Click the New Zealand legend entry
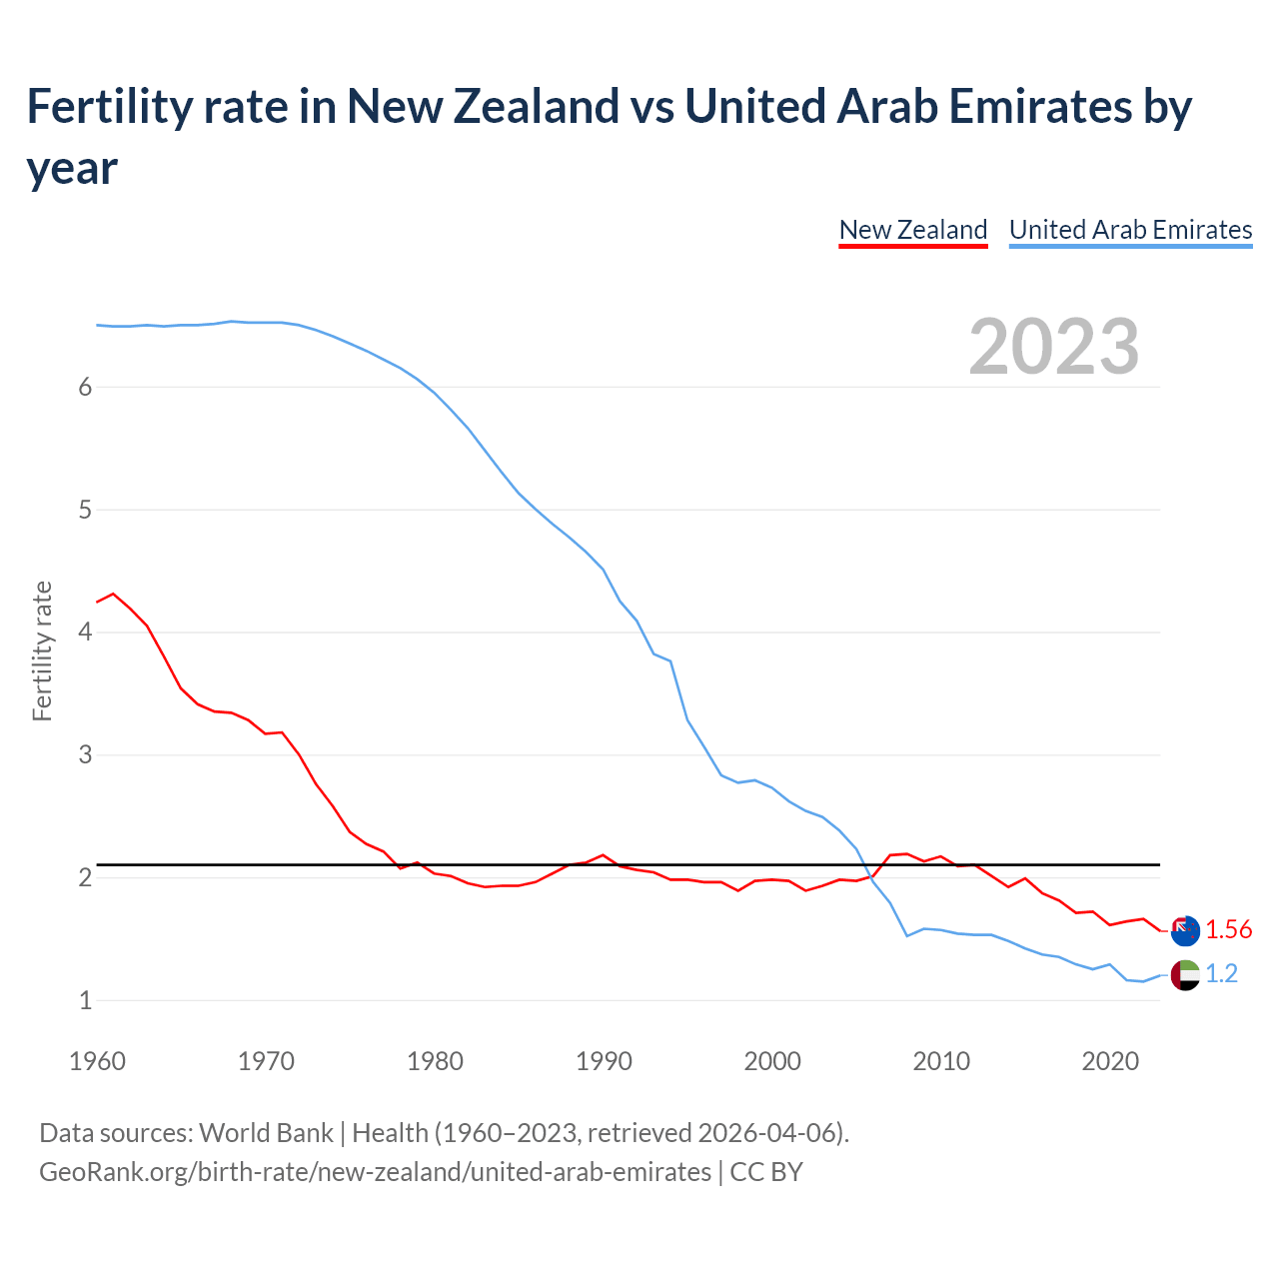click(x=912, y=230)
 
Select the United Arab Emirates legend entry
click(x=1130, y=230)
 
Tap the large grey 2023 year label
click(x=1054, y=347)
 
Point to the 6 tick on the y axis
click(x=85, y=388)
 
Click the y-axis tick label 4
click(x=85, y=633)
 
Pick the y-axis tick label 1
click(x=85, y=1000)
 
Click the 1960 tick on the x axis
click(x=97, y=1061)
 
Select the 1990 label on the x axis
click(x=604, y=1061)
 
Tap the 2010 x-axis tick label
click(x=941, y=1061)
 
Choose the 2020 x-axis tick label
click(x=1110, y=1061)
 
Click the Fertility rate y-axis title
click(x=42, y=650)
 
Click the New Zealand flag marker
click(x=1185, y=930)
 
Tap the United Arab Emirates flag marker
click(x=1185, y=974)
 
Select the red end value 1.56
click(x=1228, y=930)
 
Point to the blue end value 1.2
click(x=1221, y=974)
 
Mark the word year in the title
click(x=72, y=168)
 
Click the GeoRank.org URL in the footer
click(x=375, y=1171)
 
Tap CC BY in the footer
click(x=766, y=1171)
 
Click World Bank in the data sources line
click(x=266, y=1133)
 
